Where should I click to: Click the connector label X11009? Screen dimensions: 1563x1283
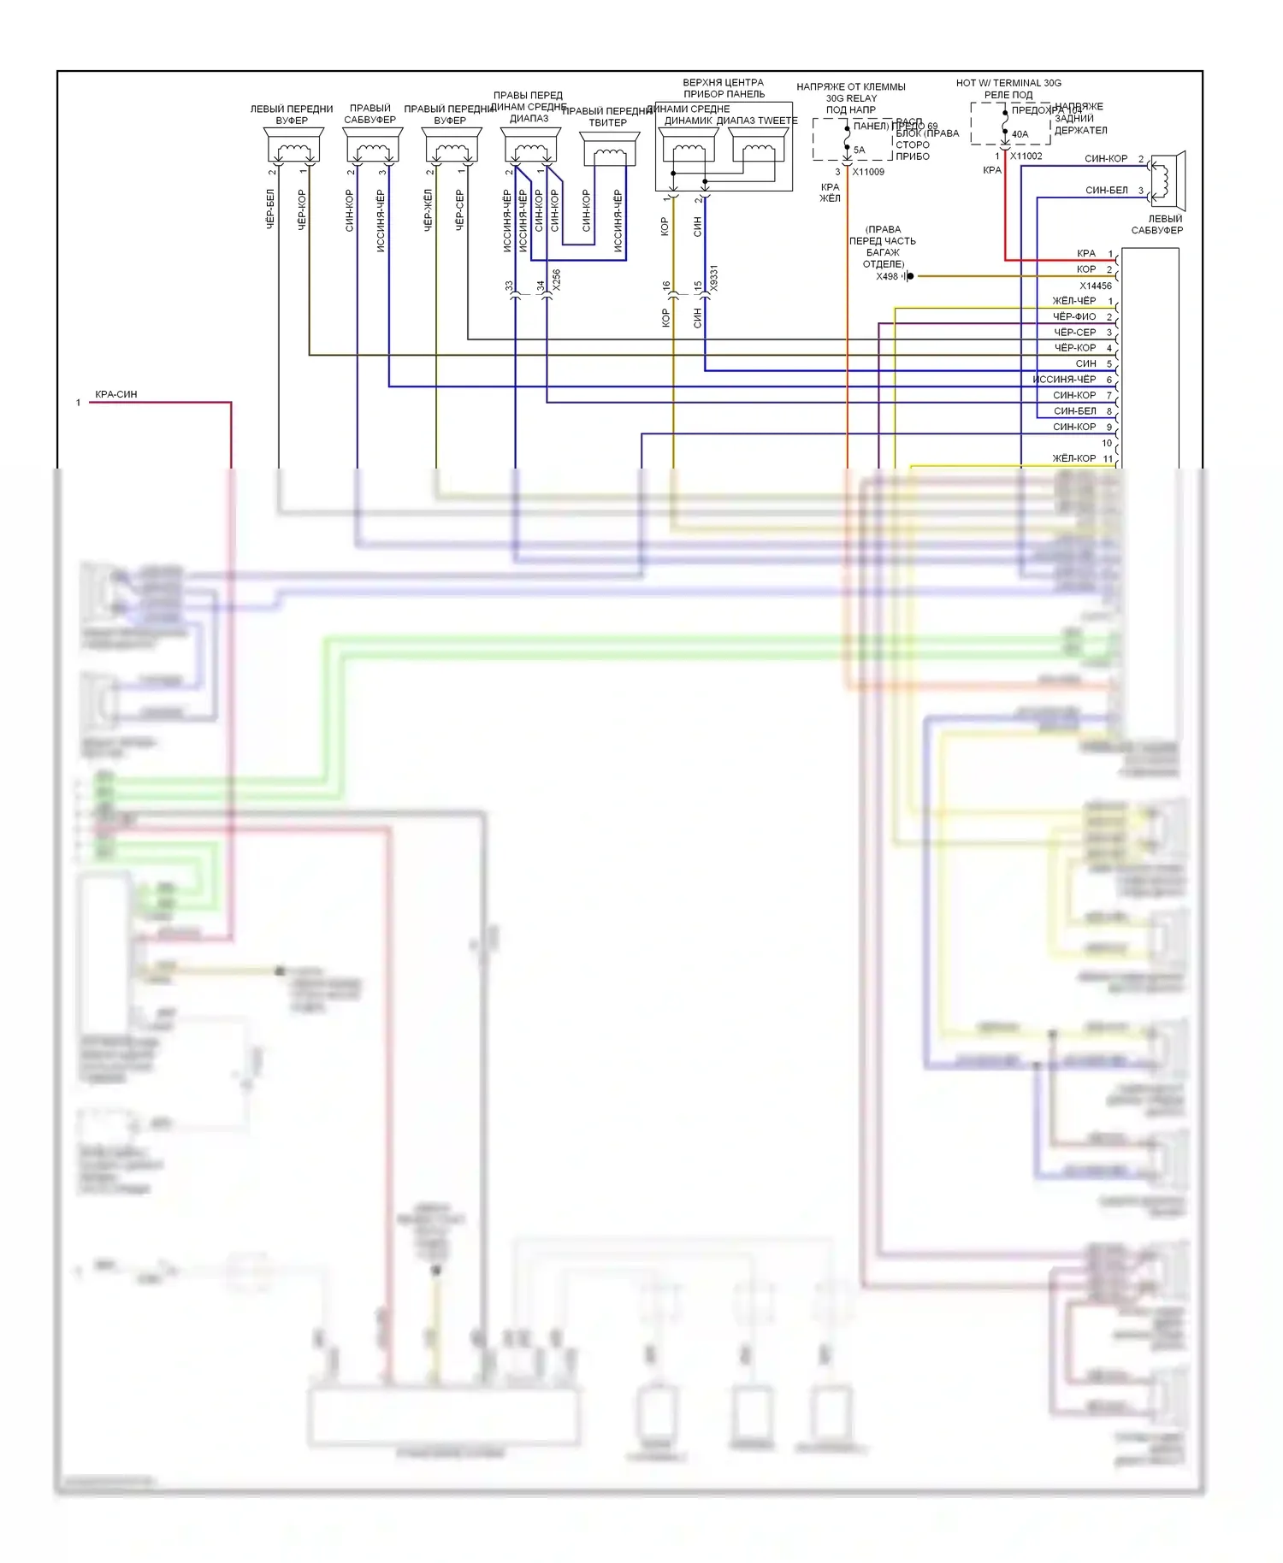pos(868,172)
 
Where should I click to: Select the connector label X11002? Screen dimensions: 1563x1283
pos(1026,156)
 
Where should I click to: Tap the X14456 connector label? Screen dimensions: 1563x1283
pos(1095,286)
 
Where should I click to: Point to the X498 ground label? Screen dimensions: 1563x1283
pos(887,276)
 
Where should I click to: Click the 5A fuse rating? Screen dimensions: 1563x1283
pos(859,150)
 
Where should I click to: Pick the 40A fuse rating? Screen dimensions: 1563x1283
pos(1020,134)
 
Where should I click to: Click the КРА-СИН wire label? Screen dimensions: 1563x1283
pos(116,394)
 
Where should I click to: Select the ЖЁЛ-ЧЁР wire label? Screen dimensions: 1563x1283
pos(1073,301)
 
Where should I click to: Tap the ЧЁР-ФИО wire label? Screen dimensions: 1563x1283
pos(1073,317)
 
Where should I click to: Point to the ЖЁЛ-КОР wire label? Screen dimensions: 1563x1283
pos(1073,458)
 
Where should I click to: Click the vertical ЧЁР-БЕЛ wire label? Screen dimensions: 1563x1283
pos(270,209)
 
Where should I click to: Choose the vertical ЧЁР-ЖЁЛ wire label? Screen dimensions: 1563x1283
pos(428,209)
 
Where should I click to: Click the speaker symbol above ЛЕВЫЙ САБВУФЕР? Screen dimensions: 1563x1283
pos(1166,180)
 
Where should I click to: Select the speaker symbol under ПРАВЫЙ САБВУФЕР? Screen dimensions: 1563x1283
pos(372,148)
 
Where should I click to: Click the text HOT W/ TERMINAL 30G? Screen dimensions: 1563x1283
pos(1008,83)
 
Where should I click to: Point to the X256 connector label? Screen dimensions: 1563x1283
pos(556,280)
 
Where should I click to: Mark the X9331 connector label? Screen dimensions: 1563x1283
pos(714,279)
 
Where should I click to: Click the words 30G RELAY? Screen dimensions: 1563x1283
pos(851,98)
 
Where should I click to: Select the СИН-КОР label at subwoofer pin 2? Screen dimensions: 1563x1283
pos(1106,159)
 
